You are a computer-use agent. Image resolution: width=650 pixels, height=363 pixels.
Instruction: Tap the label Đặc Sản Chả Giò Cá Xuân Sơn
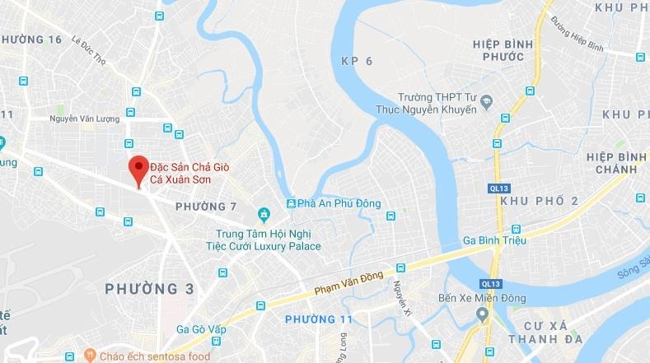coord(189,172)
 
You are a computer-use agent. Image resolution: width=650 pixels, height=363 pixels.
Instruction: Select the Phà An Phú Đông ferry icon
coord(291,203)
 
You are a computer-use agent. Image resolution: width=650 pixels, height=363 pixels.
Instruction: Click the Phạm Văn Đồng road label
coord(349,284)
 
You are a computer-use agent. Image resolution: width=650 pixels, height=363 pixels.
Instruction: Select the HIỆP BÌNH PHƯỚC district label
coord(498,49)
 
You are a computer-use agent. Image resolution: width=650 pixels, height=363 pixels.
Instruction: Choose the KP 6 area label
coord(357,61)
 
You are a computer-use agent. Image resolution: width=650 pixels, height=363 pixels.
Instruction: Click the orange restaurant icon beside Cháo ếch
coord(87,356)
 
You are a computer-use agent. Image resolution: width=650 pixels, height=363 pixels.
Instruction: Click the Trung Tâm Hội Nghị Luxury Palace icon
coord(264,216)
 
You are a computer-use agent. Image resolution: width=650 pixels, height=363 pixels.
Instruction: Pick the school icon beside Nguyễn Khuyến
coord(487,102)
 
